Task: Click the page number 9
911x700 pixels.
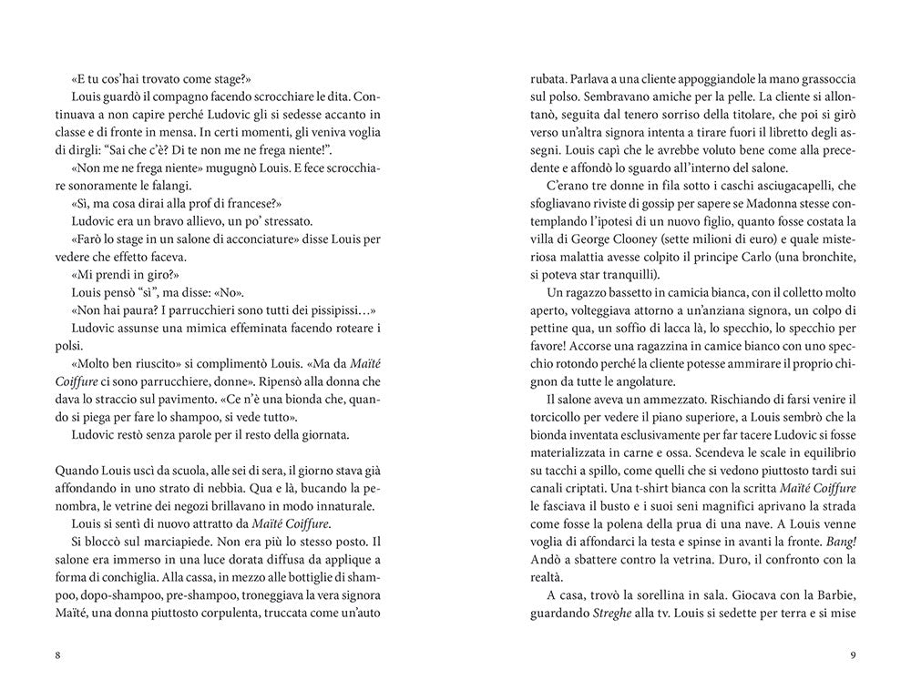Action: pos(852,655)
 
